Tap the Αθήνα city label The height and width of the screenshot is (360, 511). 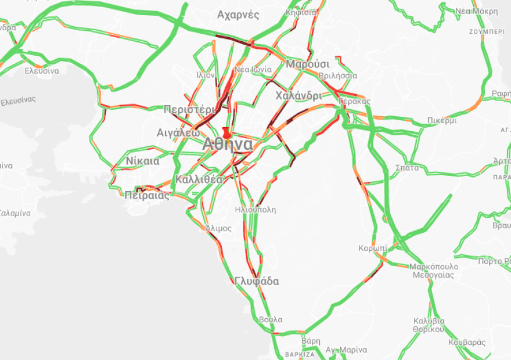click(x=228, y=145)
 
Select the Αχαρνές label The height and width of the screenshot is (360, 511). click(x=238, y=15)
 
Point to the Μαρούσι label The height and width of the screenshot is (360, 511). click(x=308, y=64)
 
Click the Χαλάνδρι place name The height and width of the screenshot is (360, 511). click(x=298, y=95)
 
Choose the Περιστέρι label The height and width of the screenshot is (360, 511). click(x=189, y=109)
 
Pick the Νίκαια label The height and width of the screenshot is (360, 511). click(x=142, y=161)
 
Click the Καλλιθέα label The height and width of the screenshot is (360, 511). click(x=199, y=179)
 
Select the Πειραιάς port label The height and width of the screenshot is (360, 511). click(x=147, y=196)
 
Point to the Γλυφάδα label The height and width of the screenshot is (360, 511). click(x=257, y=282)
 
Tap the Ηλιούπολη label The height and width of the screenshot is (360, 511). click(x=255, y=210)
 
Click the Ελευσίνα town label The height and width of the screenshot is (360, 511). click(x=42, y=71)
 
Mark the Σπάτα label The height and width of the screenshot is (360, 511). click(x=407, y=167)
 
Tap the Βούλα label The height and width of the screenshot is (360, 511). click(x=271, y=320)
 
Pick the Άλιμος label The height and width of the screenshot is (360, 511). click(x=218, y=228)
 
